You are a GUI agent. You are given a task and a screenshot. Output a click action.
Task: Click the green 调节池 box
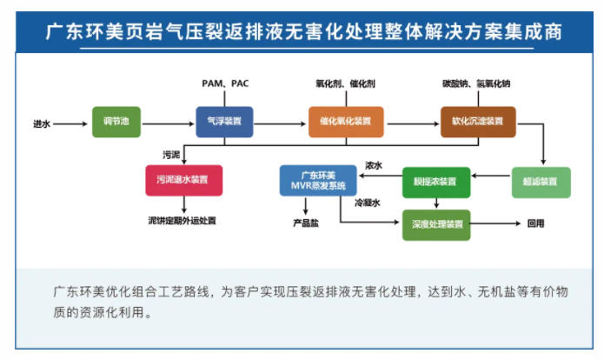point(116,123)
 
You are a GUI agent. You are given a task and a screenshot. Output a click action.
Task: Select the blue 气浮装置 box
point(223,123)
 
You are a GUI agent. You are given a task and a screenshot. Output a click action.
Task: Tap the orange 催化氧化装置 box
point(345,123)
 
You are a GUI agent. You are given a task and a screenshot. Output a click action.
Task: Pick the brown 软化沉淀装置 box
point(477,123)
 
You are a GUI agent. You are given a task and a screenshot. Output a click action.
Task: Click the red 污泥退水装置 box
point(183,180)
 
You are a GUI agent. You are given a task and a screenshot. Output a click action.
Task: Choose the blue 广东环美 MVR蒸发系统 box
point(317,181)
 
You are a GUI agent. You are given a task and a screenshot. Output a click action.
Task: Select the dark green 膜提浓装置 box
point(435,181)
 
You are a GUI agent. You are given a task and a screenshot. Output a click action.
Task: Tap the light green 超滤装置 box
point(541,181)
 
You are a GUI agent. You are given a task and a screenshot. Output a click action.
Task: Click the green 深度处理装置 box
point(436,223)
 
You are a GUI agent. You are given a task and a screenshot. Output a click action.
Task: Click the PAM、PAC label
point(225,83)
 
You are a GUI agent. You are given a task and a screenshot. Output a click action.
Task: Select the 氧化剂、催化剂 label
point(345,83)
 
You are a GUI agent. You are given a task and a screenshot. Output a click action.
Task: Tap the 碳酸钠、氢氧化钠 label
point(476,83)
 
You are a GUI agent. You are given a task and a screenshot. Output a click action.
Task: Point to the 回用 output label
point(536,223)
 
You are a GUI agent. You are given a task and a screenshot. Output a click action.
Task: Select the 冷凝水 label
point(367,203)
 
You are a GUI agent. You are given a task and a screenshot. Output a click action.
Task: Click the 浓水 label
point(374,165)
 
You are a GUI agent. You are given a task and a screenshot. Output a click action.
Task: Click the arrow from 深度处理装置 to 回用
point(495,223)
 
